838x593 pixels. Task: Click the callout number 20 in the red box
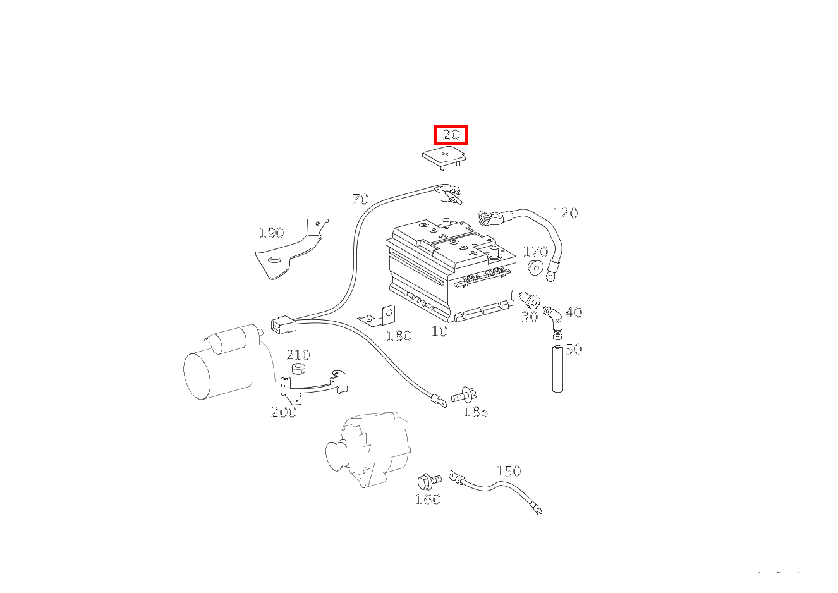451,135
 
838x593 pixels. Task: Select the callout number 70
360,199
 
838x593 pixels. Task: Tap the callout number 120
565,213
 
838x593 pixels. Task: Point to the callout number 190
272,233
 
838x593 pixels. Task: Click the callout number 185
476,412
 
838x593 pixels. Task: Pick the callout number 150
508,471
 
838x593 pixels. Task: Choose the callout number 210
298,355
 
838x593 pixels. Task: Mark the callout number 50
574,350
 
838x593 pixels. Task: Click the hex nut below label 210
298,369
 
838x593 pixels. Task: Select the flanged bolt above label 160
429,481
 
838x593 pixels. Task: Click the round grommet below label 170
536,268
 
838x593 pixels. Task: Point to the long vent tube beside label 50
557,369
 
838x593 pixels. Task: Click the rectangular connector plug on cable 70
283,325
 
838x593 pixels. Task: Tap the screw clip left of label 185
464,395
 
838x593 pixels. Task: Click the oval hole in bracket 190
276,260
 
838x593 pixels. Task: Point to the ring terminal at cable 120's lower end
550,276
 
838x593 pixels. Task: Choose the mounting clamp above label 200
313,388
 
